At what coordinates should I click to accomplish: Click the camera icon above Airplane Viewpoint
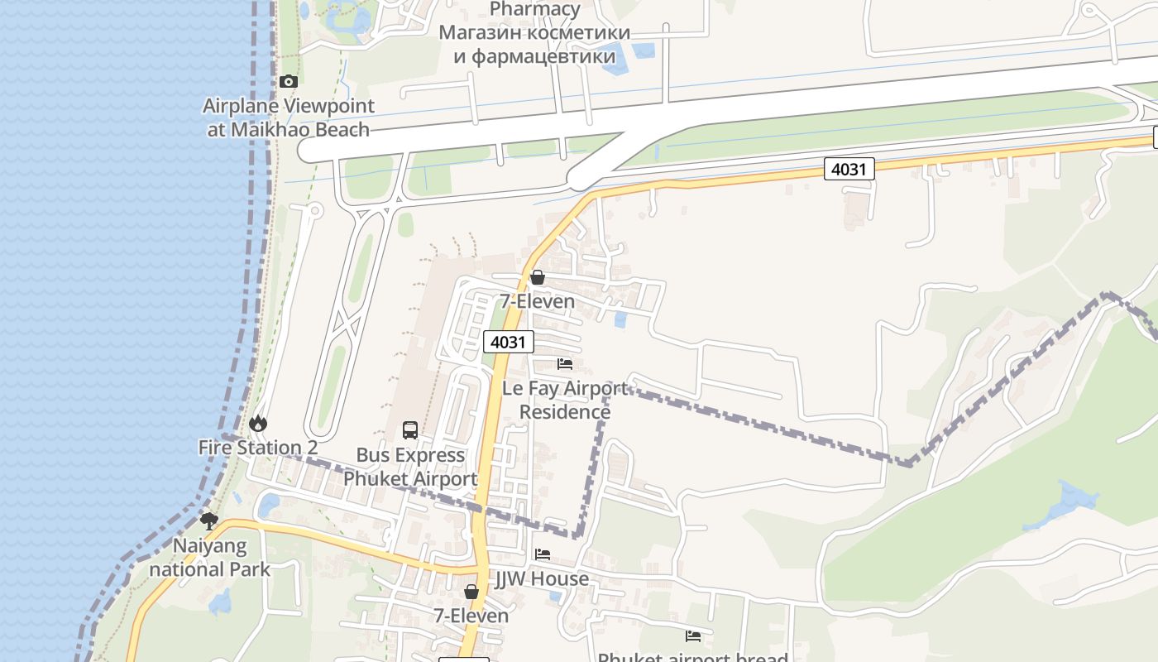pyautogui.click(x=288, y=81)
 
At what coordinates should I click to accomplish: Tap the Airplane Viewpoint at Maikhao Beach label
pyautogui.click(x=288, y=118)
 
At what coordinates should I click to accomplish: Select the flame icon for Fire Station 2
pyautogui.click(x=258, y=424)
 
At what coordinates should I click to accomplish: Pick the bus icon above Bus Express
pyautogui.click(x=410, y=430)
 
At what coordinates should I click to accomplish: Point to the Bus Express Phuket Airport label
pyautogui.click(x=410, y=467)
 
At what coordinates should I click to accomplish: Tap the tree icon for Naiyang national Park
pyautogui.click(x=209, y=521)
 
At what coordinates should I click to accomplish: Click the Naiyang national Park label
pyautogui.click(x=209, y=558)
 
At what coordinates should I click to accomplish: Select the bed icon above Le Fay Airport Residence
pyautogui.click(x=565, y=364)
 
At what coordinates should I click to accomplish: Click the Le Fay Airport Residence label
pyautogui.click(x=565, y=400)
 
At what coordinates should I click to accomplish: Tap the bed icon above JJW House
pyautogui.click(x=543, y=554)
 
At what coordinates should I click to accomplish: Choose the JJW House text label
pyautogui.click(x=543, y=578)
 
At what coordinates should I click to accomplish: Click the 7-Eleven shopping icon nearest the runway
pyautogui.click(x=538, y=277)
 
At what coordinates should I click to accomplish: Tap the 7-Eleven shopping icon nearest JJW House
pyautogui.click(x=471, y=592)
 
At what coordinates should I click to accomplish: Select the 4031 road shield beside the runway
pyautogui.click(x=849, y=169)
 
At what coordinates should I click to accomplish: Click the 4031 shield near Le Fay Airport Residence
pyautogui.click(x=509, y=342)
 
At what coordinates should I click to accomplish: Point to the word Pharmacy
pyautogui.click(x=534, y=9)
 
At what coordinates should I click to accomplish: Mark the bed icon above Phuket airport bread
pyautogui.click(x=693, y=636)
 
